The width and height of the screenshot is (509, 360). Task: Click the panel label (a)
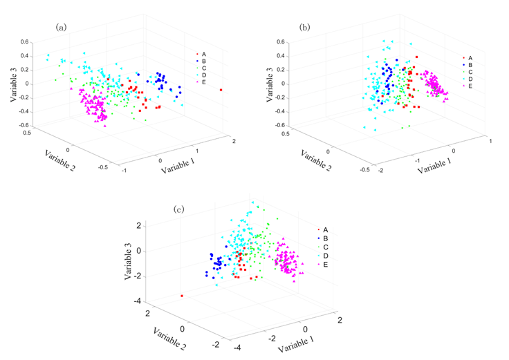coord(61,27)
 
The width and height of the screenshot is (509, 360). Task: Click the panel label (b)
coord(305,27)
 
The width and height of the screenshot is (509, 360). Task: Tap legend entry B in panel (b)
coord(470,65)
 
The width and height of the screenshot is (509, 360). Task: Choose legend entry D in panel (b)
coord(470,79)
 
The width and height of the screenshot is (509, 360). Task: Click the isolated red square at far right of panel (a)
coord(221,90)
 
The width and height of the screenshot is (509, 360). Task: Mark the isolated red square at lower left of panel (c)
coord(182,296)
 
